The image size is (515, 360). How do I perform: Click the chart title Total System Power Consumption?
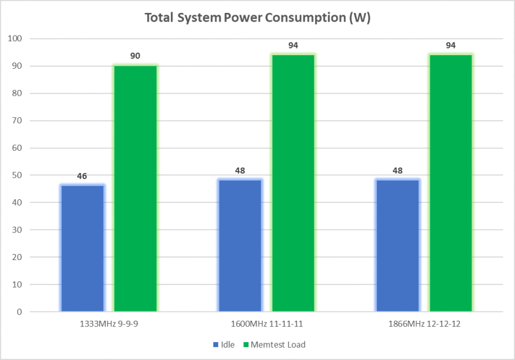257,18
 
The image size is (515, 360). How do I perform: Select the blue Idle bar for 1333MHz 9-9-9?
82,248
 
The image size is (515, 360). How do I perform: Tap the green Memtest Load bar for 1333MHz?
135,188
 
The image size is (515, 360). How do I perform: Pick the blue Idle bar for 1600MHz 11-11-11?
240,245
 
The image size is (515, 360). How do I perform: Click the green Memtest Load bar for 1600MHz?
293,183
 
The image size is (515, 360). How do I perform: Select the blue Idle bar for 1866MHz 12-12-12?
397,245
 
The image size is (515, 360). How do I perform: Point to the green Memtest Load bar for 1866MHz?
451,183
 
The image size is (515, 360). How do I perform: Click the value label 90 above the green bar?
135,56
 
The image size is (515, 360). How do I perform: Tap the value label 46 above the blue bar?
82,176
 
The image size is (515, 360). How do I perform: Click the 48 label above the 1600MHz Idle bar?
240,170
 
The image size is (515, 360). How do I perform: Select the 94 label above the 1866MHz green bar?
451,45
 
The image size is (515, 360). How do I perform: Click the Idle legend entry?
224,345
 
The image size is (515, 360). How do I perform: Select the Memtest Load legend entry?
273,345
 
